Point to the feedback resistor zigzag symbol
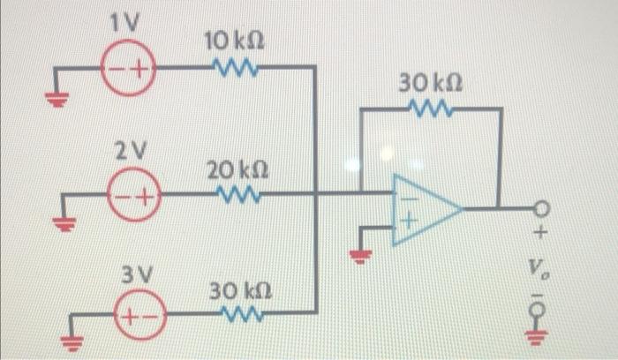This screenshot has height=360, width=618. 432,109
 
